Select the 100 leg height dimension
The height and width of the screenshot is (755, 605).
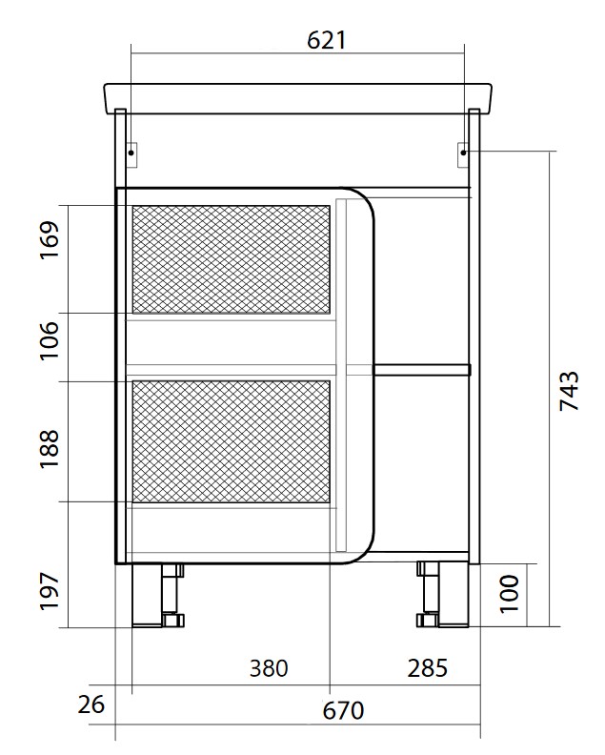508,593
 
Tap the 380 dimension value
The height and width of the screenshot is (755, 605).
268,667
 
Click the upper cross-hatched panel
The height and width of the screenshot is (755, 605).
232,259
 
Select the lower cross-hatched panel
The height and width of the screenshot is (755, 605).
232,440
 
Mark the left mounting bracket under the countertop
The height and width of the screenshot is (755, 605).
131,151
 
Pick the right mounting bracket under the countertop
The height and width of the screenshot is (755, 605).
464,151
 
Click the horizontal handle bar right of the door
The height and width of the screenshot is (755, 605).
421,369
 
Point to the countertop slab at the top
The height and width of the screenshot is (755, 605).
297,98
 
